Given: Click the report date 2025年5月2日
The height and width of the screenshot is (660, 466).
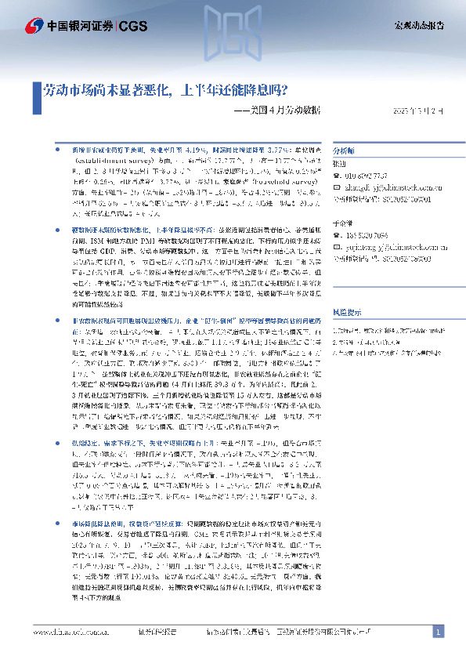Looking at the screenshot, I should click(x=414, y=109).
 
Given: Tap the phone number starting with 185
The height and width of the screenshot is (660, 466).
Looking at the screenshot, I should click(x=368, y=234).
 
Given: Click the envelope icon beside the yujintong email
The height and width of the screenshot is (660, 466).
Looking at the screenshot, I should click(x=337, y=245).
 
